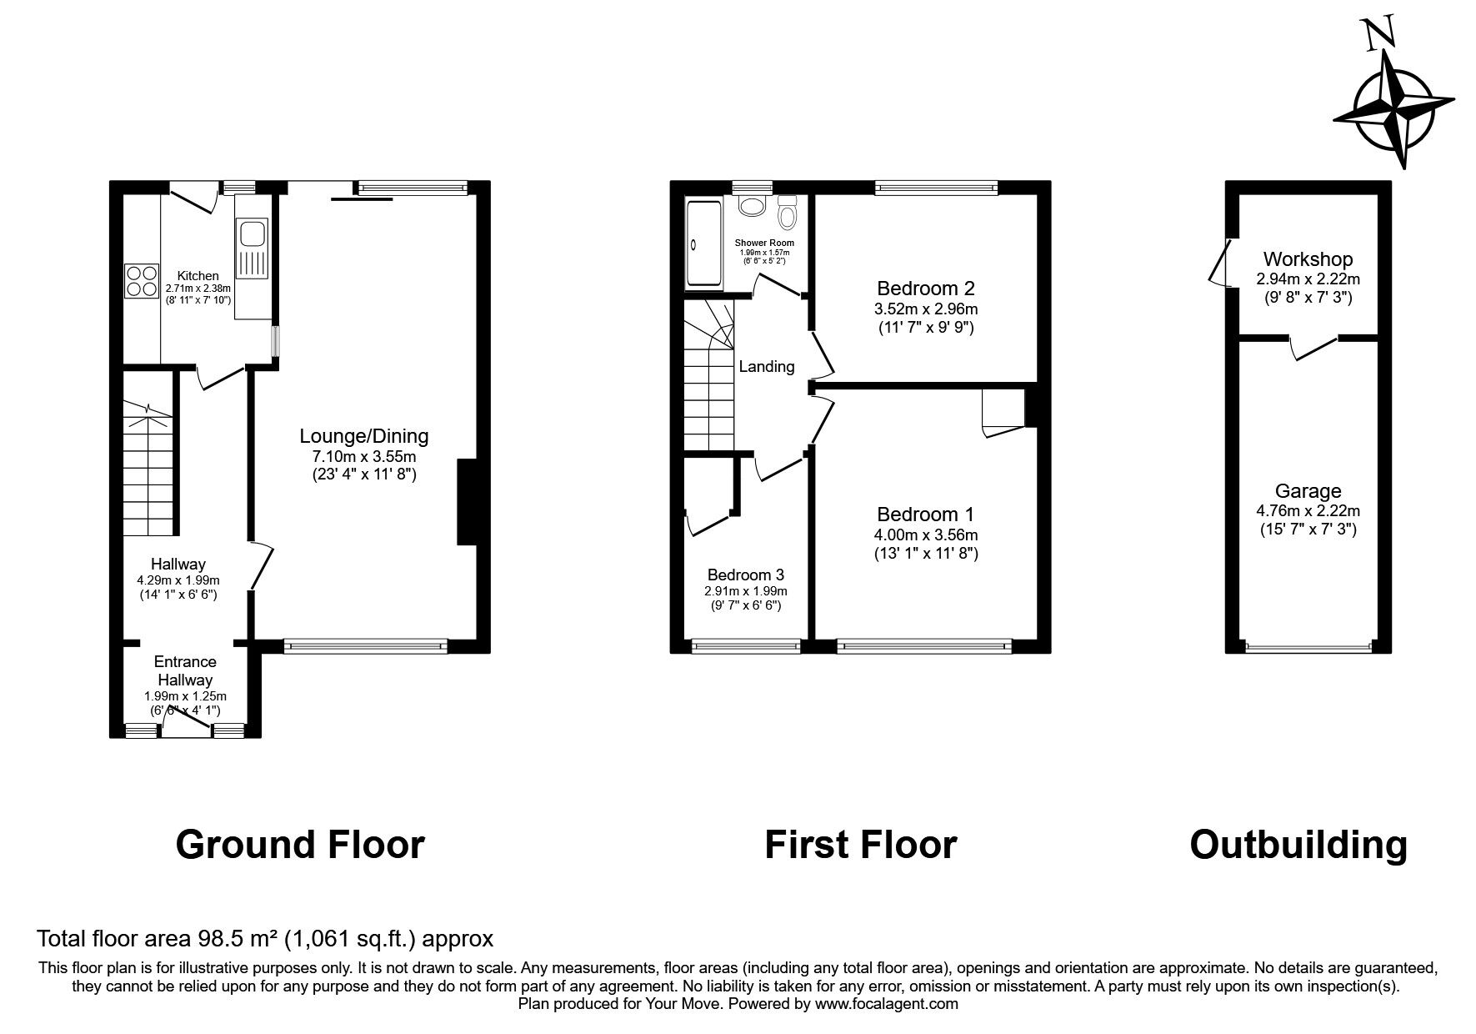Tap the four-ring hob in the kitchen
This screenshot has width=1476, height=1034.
(x=142, y=280)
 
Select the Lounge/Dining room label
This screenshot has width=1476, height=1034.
(x=364, y=436)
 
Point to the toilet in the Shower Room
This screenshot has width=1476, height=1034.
(x=787, y=215)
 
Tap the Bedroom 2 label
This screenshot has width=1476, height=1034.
(x=925, y=289)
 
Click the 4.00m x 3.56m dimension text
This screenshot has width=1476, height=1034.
(x=925, y=535)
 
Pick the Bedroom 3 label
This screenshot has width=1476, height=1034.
(x=745, y=575)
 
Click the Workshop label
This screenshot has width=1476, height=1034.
(x=1307, y=259)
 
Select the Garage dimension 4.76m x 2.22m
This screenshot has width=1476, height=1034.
(x=1308, y=511)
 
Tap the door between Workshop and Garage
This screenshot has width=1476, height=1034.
(x=1315, y=349)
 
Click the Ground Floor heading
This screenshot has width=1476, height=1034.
(x=300, y=844)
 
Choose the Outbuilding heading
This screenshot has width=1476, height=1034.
(x=1298, y=844)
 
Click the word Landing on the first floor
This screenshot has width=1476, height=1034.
(x=767, y=366)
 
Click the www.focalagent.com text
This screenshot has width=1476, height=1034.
(x=887, y=1004)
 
